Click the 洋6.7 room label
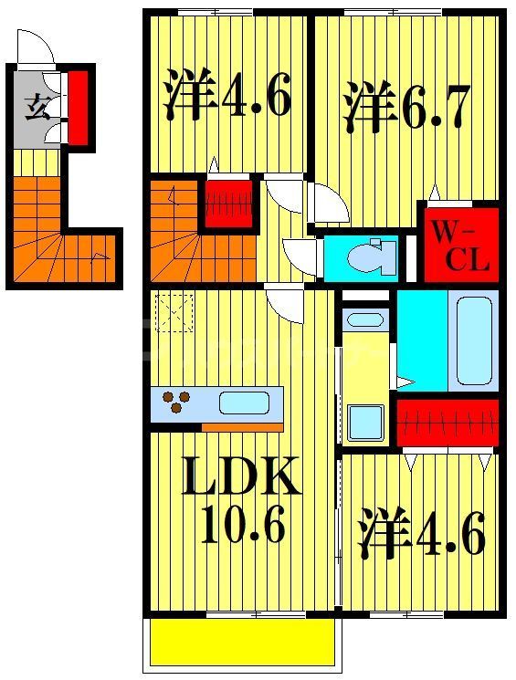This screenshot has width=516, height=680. click(x=406, y=108)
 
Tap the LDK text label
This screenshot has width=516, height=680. click(x=241, y=477)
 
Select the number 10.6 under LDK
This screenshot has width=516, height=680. click(x=241, y=527)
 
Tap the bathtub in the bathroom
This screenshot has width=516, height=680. click(x=475, y=340)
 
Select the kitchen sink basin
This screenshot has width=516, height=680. click(x=244, y=404)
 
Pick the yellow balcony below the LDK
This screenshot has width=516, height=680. click(x=241, y=644)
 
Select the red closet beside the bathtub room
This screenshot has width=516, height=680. click(x=448, y=423)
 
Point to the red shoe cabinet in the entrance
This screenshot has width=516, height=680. click(x=79, y=108)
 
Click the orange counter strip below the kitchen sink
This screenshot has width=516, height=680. click(x=241, y=426)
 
